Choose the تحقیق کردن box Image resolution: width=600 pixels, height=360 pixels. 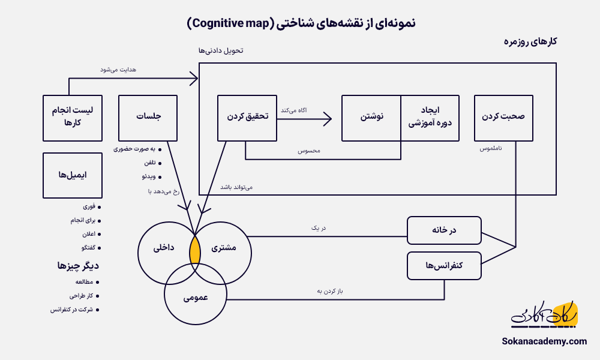click(247, 118)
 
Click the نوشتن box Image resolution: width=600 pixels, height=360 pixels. click(371, 118)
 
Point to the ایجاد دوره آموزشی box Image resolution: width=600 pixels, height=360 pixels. click(430, 118)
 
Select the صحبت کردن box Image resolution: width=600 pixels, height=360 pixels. click(503, 118)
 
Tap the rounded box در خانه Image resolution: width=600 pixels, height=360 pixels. click(444, 230)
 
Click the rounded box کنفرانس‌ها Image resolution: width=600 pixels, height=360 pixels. click(444, 266)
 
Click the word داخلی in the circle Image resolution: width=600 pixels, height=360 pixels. click(164, 247)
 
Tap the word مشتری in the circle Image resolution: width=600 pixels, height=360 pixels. click(225, 247)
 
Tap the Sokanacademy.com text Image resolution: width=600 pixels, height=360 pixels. click(544, 341)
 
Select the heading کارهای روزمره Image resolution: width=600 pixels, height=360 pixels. click(530, 42)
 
